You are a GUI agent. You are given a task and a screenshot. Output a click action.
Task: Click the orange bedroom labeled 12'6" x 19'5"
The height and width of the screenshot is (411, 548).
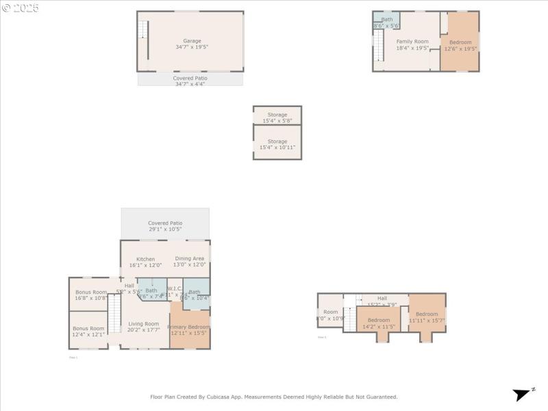tap(460, 45)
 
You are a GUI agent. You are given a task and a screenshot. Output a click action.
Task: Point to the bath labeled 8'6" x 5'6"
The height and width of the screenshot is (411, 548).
tap(387, 22)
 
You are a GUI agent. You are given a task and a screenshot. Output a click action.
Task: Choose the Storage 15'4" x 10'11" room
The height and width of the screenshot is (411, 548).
tap(277, 144)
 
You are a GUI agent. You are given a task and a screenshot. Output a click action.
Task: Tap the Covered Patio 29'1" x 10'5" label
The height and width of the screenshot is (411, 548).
tap(165, 226)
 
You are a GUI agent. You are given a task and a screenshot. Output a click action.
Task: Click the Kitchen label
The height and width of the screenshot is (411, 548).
tap(145, 262)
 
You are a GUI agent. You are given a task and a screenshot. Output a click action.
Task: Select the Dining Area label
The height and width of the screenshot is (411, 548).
tap(189, 261)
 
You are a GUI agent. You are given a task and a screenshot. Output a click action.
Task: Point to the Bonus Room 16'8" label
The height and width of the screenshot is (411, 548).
tap(90, 295)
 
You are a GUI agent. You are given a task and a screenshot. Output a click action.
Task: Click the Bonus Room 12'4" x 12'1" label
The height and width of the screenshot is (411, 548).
tap(88, 332)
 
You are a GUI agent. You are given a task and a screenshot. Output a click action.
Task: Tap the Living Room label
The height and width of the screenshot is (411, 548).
tap(144, 327)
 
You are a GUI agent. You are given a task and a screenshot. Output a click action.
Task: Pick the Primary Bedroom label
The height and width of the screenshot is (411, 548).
tap(188, 329)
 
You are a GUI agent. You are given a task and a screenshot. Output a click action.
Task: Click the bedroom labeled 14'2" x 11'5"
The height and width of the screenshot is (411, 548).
tap(378, 323)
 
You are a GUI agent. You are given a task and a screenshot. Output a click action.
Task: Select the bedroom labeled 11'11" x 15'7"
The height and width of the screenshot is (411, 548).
tap(427, 317)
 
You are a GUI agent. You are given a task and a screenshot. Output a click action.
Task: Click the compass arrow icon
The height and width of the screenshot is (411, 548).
tap(523, 394)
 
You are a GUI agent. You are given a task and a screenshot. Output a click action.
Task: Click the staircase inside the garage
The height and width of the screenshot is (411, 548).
tap(143, 30)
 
